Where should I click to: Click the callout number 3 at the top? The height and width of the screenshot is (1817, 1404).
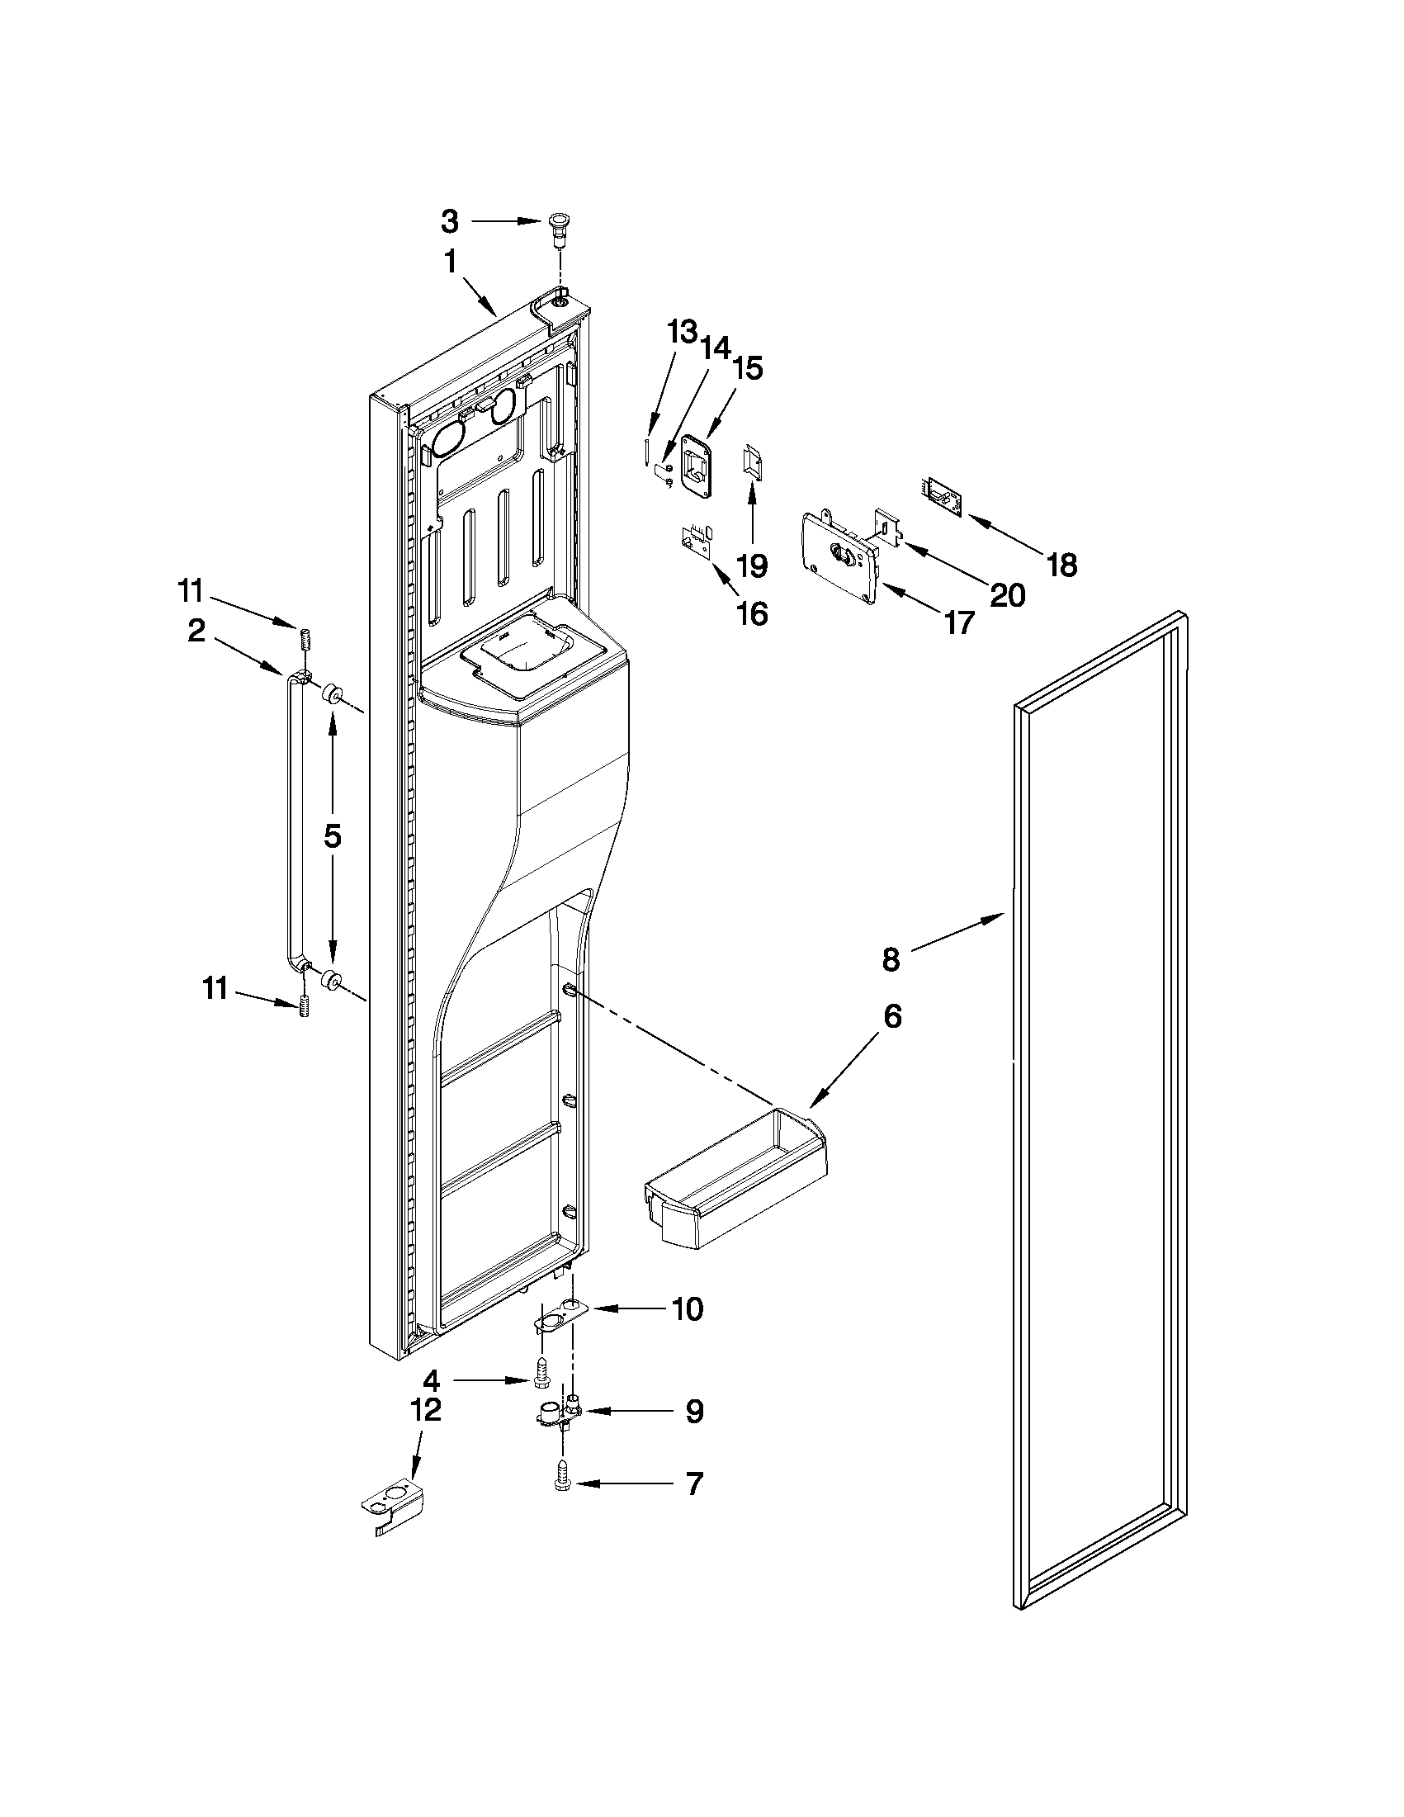449,221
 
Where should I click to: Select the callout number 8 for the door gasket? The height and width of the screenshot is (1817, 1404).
891,959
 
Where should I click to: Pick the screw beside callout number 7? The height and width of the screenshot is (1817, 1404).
563,1482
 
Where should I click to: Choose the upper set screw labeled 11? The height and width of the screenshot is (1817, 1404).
305,641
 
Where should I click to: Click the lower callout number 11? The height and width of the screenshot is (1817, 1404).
215,990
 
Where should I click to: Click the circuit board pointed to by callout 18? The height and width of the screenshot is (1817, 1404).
941,496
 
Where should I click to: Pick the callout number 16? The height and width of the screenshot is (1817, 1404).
753,614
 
